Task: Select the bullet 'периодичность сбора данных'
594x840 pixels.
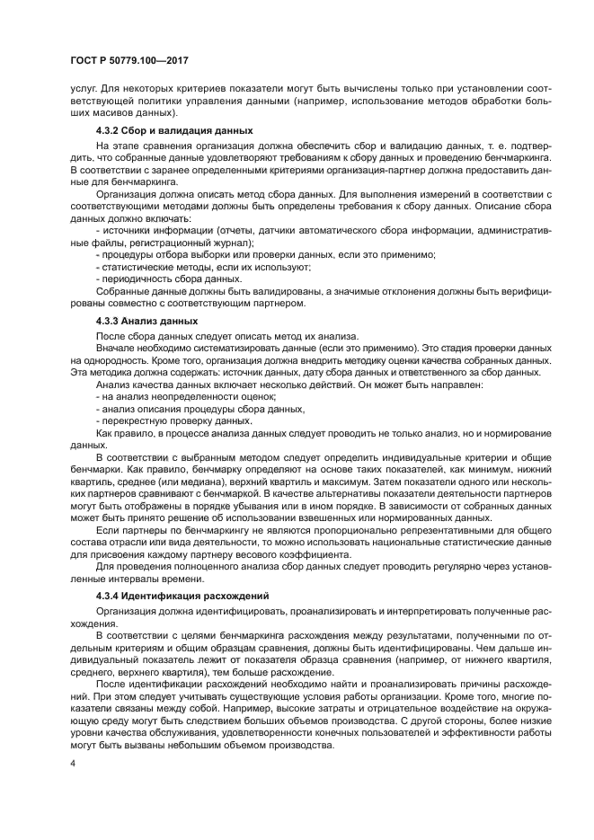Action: pos(168,279)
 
